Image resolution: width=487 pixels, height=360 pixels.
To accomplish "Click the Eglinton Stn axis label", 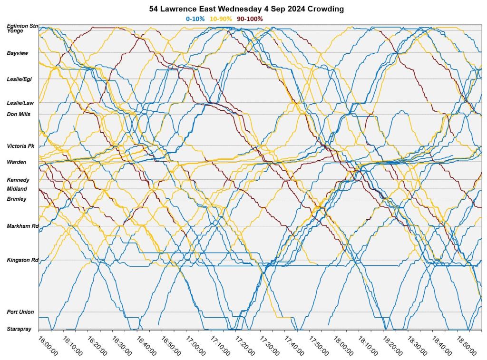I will [x=22, y=26].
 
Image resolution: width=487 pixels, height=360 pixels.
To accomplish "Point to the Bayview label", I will [x=18, y=53].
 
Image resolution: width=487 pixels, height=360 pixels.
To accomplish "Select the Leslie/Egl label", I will [x=19, y=79].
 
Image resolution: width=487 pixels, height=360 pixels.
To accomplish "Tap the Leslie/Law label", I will [x=20, y=103].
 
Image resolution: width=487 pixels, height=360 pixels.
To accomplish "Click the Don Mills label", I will [x=19, y=114].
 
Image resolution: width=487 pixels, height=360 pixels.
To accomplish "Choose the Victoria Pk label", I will [x=20, y=146].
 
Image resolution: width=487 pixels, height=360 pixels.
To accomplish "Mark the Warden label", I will [x=17, y=162].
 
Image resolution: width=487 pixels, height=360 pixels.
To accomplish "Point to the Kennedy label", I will [x=18, y=180].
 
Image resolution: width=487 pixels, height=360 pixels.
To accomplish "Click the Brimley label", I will [x=17, y=199].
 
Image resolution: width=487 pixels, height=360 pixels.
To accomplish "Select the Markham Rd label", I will [x=22, y=226].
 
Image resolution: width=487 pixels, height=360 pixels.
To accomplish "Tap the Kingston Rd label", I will [x=22, y=260].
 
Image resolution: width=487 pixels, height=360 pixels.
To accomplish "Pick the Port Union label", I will [x=20, y=312].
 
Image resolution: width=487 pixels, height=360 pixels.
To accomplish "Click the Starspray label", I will [x=19, y=329].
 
